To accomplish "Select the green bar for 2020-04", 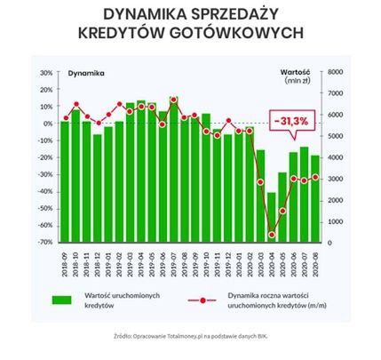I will point(272,217).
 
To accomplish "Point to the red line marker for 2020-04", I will point(272,235).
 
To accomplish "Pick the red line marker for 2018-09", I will point(65,118).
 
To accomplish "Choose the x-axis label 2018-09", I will point(65,260).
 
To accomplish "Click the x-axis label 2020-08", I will point(315,260).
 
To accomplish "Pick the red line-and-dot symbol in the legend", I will point(203,300).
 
